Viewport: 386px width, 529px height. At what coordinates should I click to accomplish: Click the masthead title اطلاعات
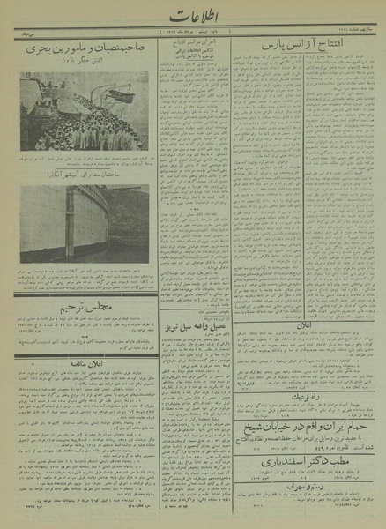coord(192,19)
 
